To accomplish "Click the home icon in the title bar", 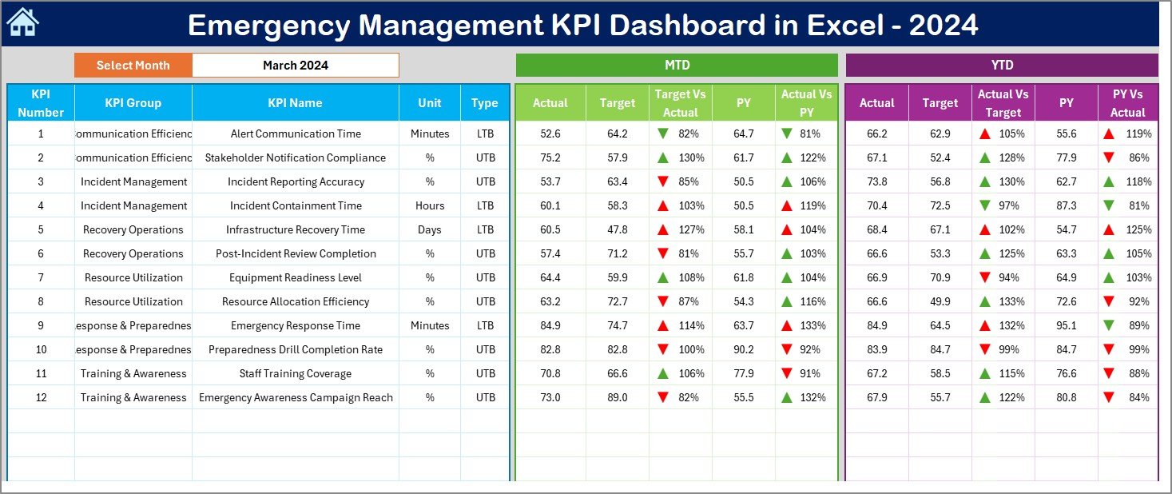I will tap(22, 23).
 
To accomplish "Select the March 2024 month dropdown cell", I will tap(295, 66).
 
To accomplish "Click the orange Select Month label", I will tap(133, 66).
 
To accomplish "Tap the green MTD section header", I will tap(677, 66).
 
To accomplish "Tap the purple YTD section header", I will tap(1001, 66).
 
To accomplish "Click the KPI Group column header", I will tap(133, 103).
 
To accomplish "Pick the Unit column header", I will tap(429, 103).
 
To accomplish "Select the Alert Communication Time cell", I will tap(296, 133).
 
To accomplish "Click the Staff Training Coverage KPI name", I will tap(296, 373).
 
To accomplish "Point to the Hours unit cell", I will tap(430, 205).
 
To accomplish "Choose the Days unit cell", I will tap(430, 229).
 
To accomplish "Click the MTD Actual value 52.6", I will tap(550, 133).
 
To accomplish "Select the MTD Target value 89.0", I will tap(617, 397).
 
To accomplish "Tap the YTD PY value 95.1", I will tap(1066, 325).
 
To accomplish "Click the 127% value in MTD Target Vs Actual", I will tap(691, 229).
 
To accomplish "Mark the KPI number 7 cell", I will tap(41, 277).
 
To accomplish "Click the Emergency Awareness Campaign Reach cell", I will tap(296, 397).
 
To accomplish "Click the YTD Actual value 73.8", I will tap(876, 181).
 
